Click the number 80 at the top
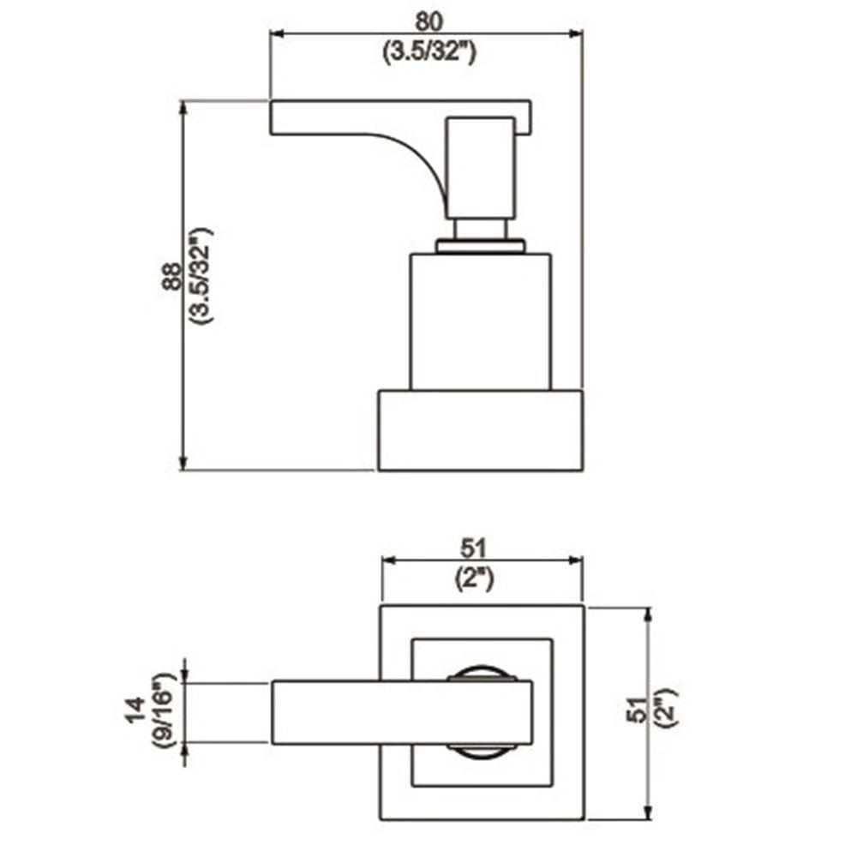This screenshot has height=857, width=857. tap(426, 18)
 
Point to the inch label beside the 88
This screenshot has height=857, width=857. tap(203, 277)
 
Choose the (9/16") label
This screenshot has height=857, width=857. tap(165, 711)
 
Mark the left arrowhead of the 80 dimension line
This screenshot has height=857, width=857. tap(277, 34)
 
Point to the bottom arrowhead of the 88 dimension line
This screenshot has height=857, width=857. tap(183, 463)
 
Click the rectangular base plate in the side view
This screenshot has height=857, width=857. tap(480, 430)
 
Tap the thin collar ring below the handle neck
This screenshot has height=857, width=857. tap(480, 246)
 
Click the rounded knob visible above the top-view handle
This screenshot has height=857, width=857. tap(482, 672)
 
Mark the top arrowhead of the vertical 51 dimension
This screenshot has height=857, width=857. tap(648, 614)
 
